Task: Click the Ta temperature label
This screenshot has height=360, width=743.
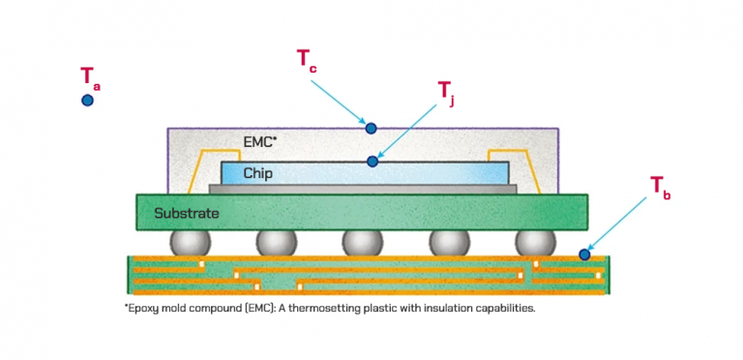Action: click(x=90, y=77)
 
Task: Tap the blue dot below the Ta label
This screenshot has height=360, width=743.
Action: click(x=87, y=100)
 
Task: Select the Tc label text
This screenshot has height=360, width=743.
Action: click(x=306, y=59)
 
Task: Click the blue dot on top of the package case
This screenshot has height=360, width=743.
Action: click(x=370, y=128)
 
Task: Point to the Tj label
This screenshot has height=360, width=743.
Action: click(x=446, y=92)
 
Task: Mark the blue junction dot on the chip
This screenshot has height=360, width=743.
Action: click(x=372, y=161)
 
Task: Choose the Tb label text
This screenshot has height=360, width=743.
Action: click(x=660, y=187)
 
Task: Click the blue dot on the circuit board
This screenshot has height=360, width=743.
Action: click(x=584, y=255)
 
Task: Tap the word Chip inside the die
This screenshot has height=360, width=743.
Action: click(x=257, y=174)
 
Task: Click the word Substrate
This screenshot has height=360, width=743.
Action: click(x=187, y=212)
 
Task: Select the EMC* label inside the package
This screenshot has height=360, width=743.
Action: click(x=259, y=141)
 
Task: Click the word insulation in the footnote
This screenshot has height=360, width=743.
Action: click(x=471, y=308)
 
